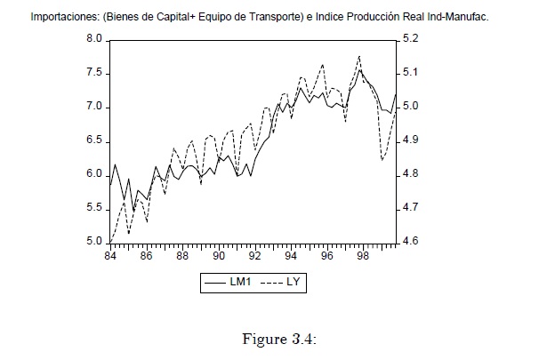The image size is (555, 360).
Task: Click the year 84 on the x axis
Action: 110,256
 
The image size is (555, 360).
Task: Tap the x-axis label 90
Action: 219,256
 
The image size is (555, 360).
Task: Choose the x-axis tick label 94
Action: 291,256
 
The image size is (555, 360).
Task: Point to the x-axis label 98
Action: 363,256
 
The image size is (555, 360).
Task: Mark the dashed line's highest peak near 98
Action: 359,56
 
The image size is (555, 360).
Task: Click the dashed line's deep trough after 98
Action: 382,160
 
